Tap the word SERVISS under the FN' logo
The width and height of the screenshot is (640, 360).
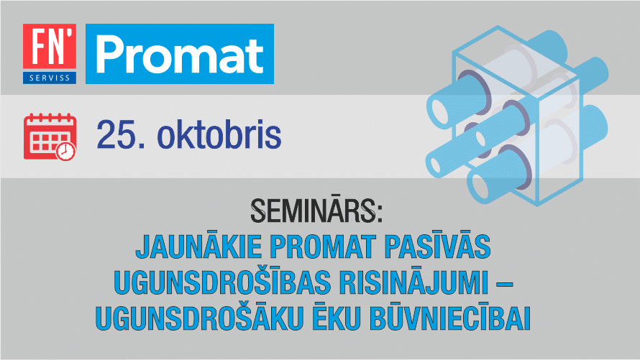tap(50, 78)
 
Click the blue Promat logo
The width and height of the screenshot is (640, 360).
tap(180, 54)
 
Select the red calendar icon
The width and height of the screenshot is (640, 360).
tap(50, 137)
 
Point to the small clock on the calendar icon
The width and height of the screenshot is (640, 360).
tap(65, 151)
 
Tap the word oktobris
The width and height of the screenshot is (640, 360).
tap(219, 134)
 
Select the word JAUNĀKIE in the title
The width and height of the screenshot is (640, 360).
tap(198, 246)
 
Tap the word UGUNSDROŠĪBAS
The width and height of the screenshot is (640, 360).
tap(222, 281)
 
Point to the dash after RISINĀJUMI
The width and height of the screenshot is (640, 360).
tap(505, 282)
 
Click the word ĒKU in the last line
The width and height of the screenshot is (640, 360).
tap(337, 317)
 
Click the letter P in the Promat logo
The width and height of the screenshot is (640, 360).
tap(110, 54)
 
